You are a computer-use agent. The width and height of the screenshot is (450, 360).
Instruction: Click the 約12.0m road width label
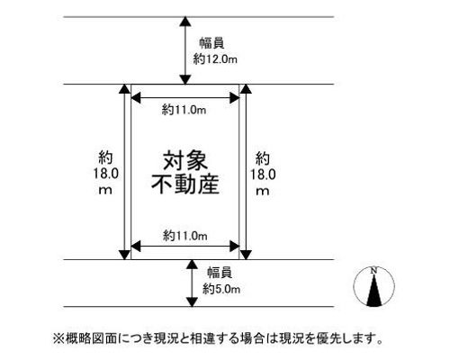pos(215,59)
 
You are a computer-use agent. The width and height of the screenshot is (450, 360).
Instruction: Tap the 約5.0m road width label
pos(221,289)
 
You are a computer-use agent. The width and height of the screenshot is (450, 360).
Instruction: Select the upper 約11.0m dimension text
pos(184,110)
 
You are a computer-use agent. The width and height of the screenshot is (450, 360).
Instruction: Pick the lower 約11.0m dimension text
pos(185,236)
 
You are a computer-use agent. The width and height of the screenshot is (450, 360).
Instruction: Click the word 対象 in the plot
pos(185,160)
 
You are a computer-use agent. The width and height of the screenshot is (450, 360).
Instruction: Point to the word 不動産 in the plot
pos(185,184)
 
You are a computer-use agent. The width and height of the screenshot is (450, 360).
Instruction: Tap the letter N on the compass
pos(373,271)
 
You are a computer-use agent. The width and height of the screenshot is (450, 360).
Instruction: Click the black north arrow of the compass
pos(374,291)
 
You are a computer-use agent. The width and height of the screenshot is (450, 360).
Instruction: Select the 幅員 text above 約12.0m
pos(211,43)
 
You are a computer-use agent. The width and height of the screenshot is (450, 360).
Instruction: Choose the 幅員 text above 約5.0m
pos(220,273)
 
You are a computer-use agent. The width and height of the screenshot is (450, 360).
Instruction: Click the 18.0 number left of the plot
pos(105,174)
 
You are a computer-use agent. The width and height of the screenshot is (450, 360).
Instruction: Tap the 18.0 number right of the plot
pos(263,175)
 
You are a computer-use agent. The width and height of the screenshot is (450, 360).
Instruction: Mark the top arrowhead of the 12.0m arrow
pos(185,22)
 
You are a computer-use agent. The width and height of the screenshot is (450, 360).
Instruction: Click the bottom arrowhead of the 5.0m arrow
pos(192,301)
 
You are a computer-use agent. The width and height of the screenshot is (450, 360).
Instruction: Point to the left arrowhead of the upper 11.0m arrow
pos(136,98)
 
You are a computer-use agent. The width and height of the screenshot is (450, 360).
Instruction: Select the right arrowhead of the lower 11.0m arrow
pos(235,247)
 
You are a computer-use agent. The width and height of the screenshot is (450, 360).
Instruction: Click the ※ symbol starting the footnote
pos(59,338)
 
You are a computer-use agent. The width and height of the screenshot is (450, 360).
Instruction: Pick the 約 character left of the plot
pos(105,157)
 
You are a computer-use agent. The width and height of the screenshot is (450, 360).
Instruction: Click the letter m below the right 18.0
pos(263,191)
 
